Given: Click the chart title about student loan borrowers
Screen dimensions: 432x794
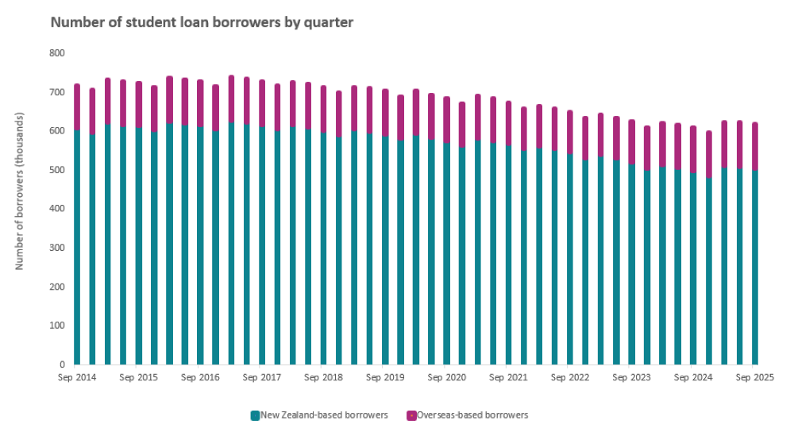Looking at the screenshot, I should pos(202,22).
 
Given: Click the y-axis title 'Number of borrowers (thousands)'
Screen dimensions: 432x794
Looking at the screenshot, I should pos(20,191).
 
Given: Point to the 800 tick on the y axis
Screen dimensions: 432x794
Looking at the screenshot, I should pos(57,53).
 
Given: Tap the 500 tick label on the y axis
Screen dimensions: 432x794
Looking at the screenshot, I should pos(57,170).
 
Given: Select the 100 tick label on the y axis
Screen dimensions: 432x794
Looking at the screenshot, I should pos(57,326).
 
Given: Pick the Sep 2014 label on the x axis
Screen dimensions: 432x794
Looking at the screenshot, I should pos(77,378).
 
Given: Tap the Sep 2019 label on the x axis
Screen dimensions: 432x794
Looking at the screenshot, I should pos(385,378).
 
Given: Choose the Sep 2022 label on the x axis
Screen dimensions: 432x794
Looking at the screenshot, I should pos(570,378).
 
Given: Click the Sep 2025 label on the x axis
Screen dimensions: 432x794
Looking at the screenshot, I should pos(754,378).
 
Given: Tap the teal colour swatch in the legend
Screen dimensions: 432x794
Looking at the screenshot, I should pos(255,415).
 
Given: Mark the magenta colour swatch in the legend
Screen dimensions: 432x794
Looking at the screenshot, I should pos(411,415).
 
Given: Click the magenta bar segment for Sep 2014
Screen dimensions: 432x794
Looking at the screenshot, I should pos(77,106).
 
